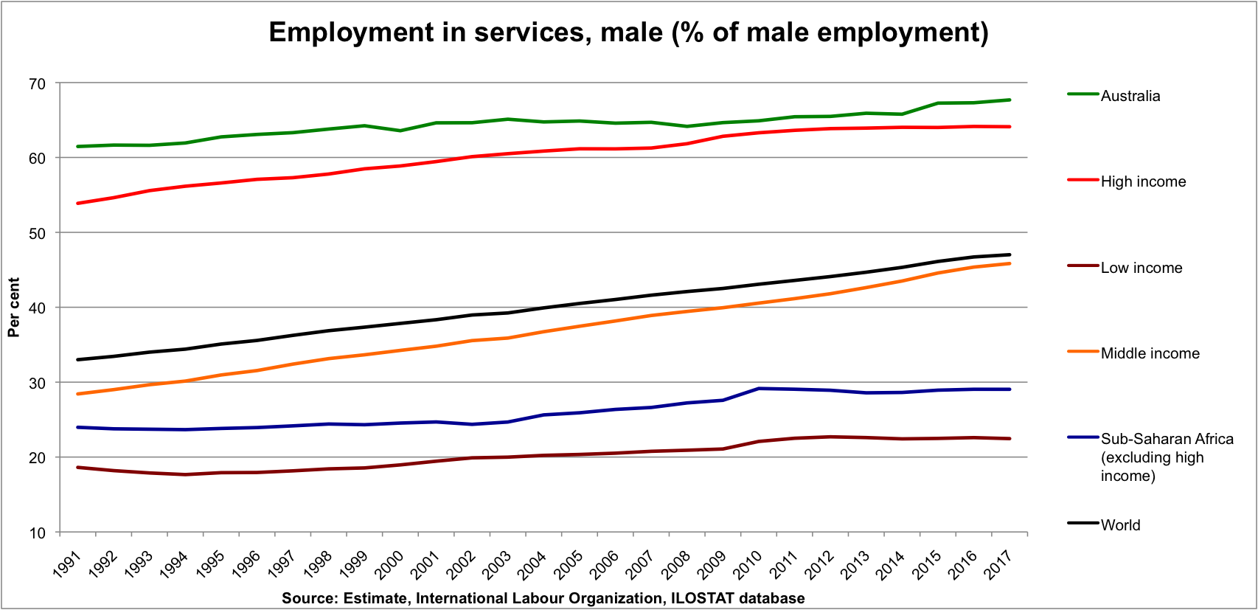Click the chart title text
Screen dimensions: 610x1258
click(628, 32)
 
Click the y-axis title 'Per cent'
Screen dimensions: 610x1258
click(14, 308)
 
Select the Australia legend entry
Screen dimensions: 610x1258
click(1130, 96)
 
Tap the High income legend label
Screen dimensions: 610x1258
click(1143, 181)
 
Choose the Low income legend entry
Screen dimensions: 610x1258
click(1141, 268)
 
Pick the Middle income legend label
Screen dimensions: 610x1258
click(1150, 353)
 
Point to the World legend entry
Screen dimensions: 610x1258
click(1120, 525)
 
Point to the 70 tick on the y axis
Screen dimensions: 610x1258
click(37, 84)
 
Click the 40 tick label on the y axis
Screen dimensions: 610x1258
click(37, 308)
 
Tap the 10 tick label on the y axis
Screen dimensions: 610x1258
click(37, 533)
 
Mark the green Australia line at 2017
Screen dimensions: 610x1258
click(1009, 100)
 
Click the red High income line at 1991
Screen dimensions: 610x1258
click(77, 203)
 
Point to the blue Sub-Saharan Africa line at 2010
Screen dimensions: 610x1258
click(759, 389)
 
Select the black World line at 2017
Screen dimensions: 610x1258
click(1009, 254)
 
